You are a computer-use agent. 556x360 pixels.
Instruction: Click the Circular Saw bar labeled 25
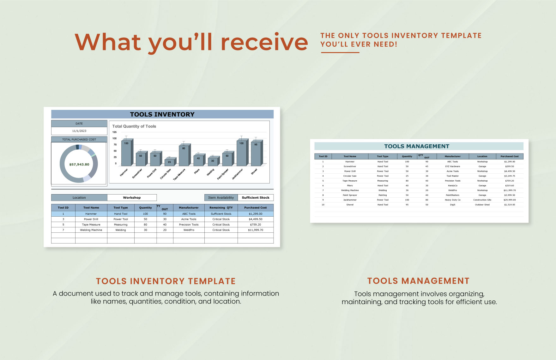click(169, 162)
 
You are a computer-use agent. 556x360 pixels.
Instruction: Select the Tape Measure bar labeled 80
click(184, 155)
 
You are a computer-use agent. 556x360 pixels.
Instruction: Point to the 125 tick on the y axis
click(114, 132)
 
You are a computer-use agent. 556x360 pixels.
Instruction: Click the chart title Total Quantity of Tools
click(134, 126)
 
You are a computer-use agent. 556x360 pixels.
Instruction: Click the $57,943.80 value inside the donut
click(79, 165)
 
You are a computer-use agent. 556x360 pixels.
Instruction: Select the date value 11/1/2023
click(79, 131)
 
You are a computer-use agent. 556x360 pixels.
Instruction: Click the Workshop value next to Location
click(132, 198)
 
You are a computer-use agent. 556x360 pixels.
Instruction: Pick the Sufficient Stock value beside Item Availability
click(256, 198)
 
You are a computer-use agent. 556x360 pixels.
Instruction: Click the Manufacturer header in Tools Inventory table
click(189, 207)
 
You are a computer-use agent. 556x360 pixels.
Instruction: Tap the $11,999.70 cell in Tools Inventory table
click(255, 230)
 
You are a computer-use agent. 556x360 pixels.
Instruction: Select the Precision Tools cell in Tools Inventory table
click(189, 225)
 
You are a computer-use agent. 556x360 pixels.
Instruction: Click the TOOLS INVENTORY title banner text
click(162, 114)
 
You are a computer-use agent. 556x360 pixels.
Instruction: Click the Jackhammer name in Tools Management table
click(350, 200)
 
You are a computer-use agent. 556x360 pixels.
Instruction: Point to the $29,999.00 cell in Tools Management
click(509, 200)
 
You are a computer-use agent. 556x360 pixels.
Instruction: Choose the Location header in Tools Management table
click(482, 156)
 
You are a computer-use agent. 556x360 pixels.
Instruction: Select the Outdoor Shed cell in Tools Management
click(482, 205)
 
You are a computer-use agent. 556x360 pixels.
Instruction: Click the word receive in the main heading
click(264, 42)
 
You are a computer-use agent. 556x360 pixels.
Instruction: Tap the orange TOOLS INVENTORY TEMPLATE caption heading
click(166, 281)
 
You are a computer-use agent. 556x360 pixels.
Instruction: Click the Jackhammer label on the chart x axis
click(238, 174)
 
